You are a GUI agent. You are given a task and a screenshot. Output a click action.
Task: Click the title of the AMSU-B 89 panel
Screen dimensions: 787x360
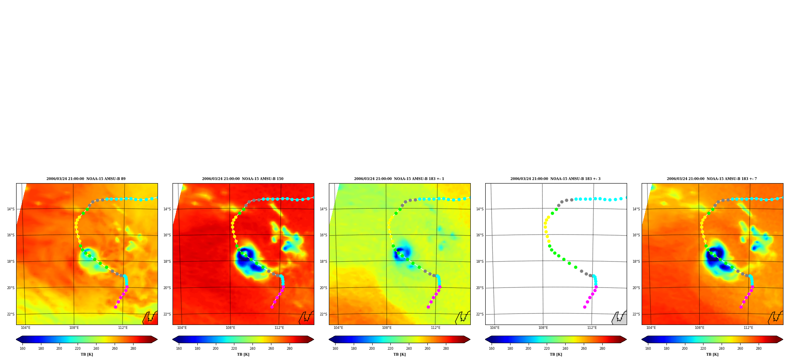(86, 179)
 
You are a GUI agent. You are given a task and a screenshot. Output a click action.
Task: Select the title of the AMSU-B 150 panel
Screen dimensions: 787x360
(243, 179)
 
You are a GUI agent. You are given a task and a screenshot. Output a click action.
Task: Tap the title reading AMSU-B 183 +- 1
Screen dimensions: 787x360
(399, 179)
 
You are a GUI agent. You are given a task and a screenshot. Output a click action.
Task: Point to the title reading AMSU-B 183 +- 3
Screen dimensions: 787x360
(555, 179)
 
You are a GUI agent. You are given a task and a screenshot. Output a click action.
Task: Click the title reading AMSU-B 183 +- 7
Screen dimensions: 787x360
(712, 179)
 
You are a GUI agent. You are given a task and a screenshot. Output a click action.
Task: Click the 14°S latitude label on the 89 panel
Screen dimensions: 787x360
(11, 209)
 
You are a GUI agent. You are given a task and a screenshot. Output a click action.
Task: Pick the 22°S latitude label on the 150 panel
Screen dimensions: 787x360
(167, 314)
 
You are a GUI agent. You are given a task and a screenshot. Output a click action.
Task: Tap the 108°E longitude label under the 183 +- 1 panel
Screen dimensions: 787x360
(387, 328)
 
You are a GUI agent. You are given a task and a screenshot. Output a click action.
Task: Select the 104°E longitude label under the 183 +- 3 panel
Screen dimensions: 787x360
(494, 328)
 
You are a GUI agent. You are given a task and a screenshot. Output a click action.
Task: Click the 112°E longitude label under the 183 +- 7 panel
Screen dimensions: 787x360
(748, 328)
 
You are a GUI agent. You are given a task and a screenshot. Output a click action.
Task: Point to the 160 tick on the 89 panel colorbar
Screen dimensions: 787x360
(22, 349)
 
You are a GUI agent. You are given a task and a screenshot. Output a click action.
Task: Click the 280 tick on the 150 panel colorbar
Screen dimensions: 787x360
(290, 349)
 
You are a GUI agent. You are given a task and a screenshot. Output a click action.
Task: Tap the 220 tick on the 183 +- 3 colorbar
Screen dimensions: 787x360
(547, 349)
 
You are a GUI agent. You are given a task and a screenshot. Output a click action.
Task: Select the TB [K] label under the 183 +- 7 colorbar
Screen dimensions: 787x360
(712, 354)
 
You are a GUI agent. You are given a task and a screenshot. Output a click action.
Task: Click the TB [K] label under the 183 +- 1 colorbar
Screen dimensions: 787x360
(399, 354)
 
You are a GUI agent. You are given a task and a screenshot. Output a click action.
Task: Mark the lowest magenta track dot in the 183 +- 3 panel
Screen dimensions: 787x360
(585, 307)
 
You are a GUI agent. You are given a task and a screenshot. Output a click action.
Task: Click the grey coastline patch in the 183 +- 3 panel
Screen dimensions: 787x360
(620, 318)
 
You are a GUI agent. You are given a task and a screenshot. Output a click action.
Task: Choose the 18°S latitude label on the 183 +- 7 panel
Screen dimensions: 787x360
(636, 262)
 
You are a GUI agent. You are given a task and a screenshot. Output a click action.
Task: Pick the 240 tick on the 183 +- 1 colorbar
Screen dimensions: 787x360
(409, 349)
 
